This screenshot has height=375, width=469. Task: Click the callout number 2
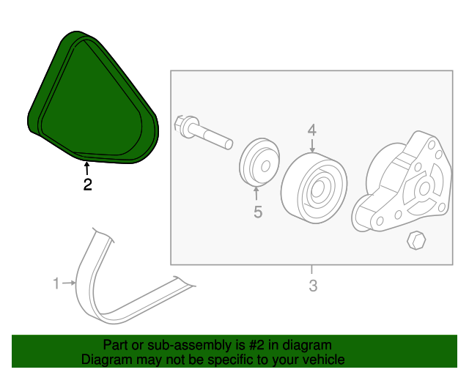[x=87, y=185]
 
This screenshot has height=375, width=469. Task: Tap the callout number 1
[x=56, y=283]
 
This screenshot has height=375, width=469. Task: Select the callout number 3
[x=313, y=286]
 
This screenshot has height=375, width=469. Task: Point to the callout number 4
[x=312, y=130]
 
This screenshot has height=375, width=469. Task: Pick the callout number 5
[x=258, y=212]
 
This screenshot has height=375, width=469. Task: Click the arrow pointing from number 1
[x=69, y=283]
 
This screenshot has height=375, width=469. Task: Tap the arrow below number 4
[x=312, y=145]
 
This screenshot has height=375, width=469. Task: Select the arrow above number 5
[x=256, y=193]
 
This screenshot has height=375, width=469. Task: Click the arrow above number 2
[x=86, y=168]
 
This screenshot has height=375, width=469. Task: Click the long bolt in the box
[x=203, y=133]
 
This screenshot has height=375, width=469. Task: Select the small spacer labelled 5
[x=259, y=163]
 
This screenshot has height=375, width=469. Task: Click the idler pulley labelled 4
[x=314, y=187]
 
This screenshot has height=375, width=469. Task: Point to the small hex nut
[x=416, y=240]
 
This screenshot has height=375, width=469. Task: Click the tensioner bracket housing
[x=402, y=182]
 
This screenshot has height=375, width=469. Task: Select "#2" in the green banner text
[x=256, y=345]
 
